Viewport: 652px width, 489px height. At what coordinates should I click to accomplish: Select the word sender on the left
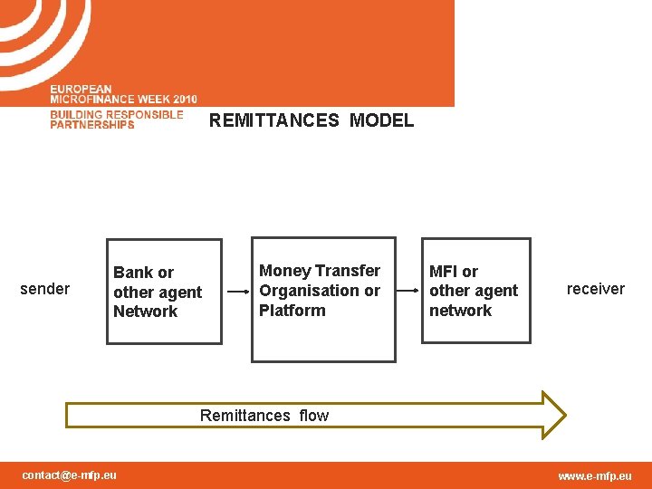tap(44, 289)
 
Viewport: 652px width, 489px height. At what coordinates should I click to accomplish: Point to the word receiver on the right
tap(595, 289)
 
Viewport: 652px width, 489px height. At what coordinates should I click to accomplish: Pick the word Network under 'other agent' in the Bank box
tap(145, 312)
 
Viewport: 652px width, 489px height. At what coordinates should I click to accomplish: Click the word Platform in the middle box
tap(292, 311)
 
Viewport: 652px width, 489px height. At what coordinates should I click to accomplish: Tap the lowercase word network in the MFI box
tap(460, 311)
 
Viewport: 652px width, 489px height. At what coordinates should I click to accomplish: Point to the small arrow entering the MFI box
tap(413, 292)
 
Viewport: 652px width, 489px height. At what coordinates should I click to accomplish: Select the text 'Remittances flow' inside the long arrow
tap(264, 416)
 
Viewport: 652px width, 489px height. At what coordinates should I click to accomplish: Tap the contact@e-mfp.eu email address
tap(70, 475)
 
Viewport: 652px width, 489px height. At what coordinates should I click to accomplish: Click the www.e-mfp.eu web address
tap(595, 476)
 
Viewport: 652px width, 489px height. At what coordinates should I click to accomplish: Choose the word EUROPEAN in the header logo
tap(81, 89)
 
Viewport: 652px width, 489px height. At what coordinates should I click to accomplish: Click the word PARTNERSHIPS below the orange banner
tap(91, 125)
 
